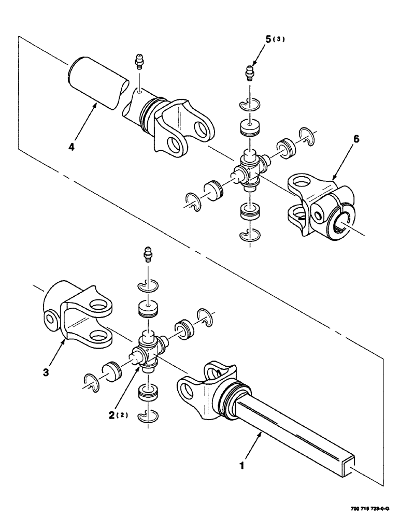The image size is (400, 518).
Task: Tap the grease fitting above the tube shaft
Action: [138, 61]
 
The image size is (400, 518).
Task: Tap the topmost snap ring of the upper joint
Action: [250, 104]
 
